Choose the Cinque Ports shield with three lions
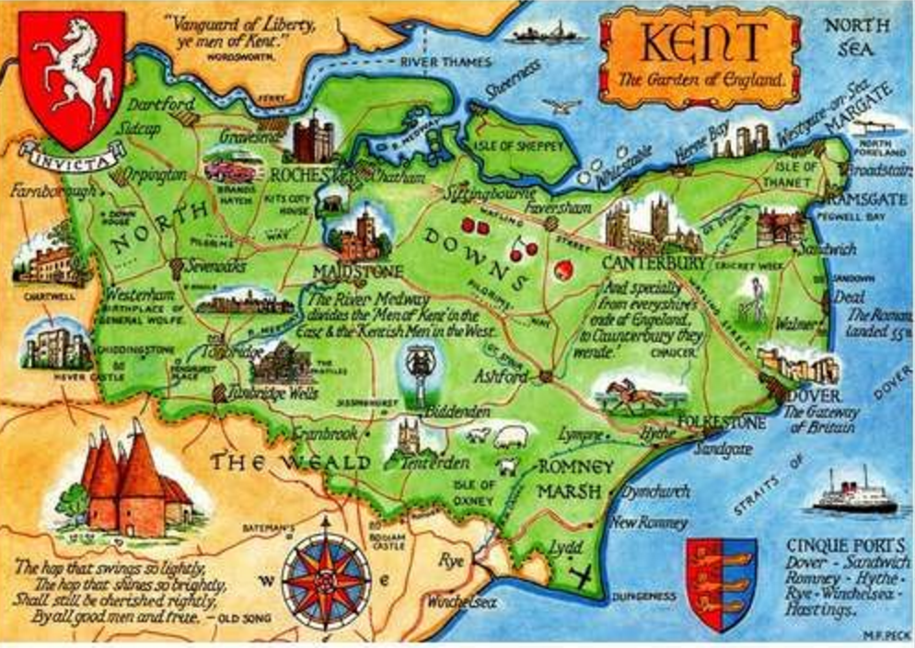(x=721, y=582)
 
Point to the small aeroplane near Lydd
(x=580, y=577)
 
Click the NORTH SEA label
(x=855, y=36)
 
